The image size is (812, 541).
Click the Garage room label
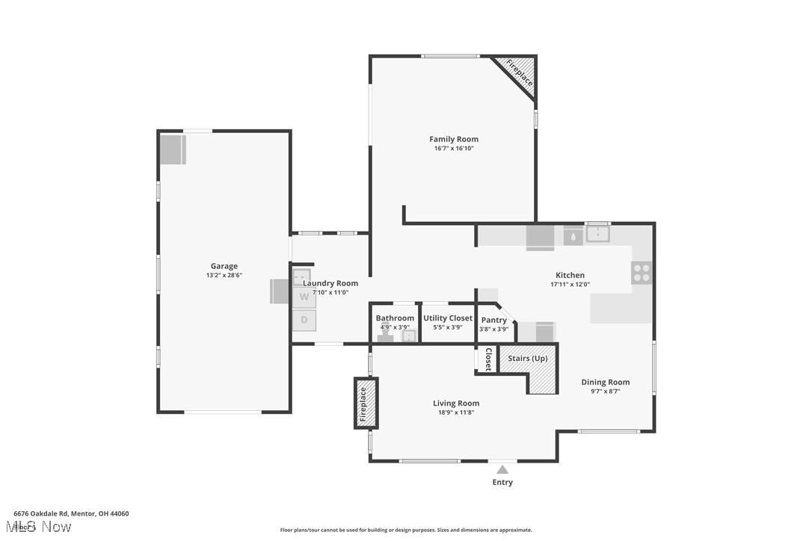click(x=224, y=266)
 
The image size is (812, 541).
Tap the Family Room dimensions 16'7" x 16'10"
click(x=454, y=149)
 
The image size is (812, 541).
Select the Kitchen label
click(x=570, y=275)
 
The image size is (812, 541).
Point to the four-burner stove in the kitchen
click(x=642, y=273)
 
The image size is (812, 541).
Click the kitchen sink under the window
click(x=597, y=235)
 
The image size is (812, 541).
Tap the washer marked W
click(x=304, y=297)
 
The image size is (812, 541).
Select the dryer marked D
click(x=304, y=320)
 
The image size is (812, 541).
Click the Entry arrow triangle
click(x=502, y=470)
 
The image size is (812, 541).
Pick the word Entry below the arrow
click(x=502, y=483)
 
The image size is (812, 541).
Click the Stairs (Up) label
click(x=528, y=359)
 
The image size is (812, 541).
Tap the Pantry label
click(x=493, y=320)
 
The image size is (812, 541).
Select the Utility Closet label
click(x=448, y=318)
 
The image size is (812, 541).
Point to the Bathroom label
click(x=395, y=318)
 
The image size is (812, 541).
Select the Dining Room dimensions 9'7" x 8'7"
click(x=606, y=391)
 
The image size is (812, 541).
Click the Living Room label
click(x=456, y=404)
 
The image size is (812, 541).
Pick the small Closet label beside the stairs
click(x=487, y=359)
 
